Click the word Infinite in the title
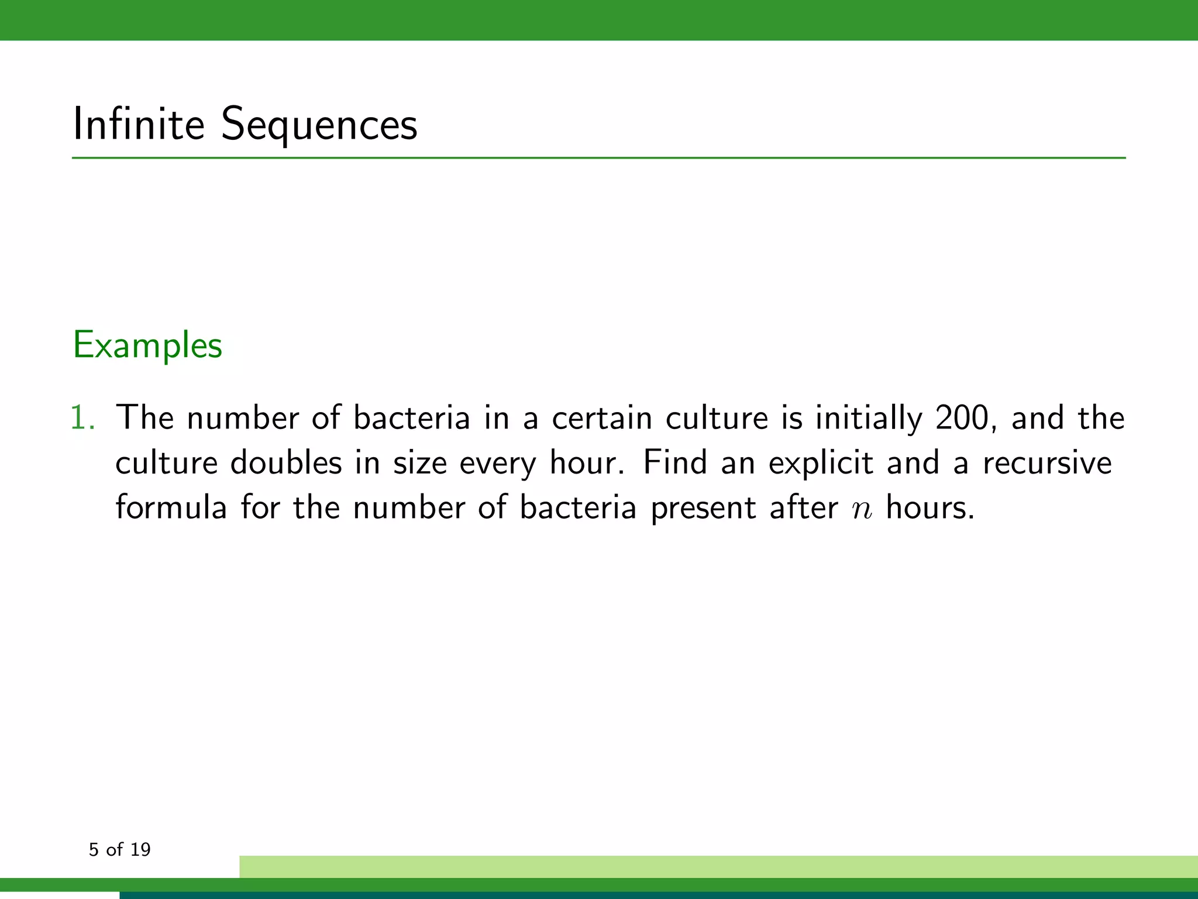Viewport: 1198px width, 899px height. click(138, 124)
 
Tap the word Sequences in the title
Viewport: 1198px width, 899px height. click(319, 125)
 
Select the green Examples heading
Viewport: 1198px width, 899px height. click(147, 345)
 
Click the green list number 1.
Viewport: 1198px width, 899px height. click(82, 418)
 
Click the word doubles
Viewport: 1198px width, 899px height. click(286, 463)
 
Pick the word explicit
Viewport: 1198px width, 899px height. click(821, 463)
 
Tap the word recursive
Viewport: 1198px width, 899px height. click(1047, 463)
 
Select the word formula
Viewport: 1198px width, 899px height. click(171, 507)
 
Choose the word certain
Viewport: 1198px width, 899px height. click(602, 418)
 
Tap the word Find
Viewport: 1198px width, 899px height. click(675, 462)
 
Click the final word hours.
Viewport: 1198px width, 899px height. click(930, 507)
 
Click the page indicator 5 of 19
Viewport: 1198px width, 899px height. click(120, 849)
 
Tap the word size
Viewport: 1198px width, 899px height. click(419, 463)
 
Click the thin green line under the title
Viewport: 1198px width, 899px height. click(599, 158)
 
